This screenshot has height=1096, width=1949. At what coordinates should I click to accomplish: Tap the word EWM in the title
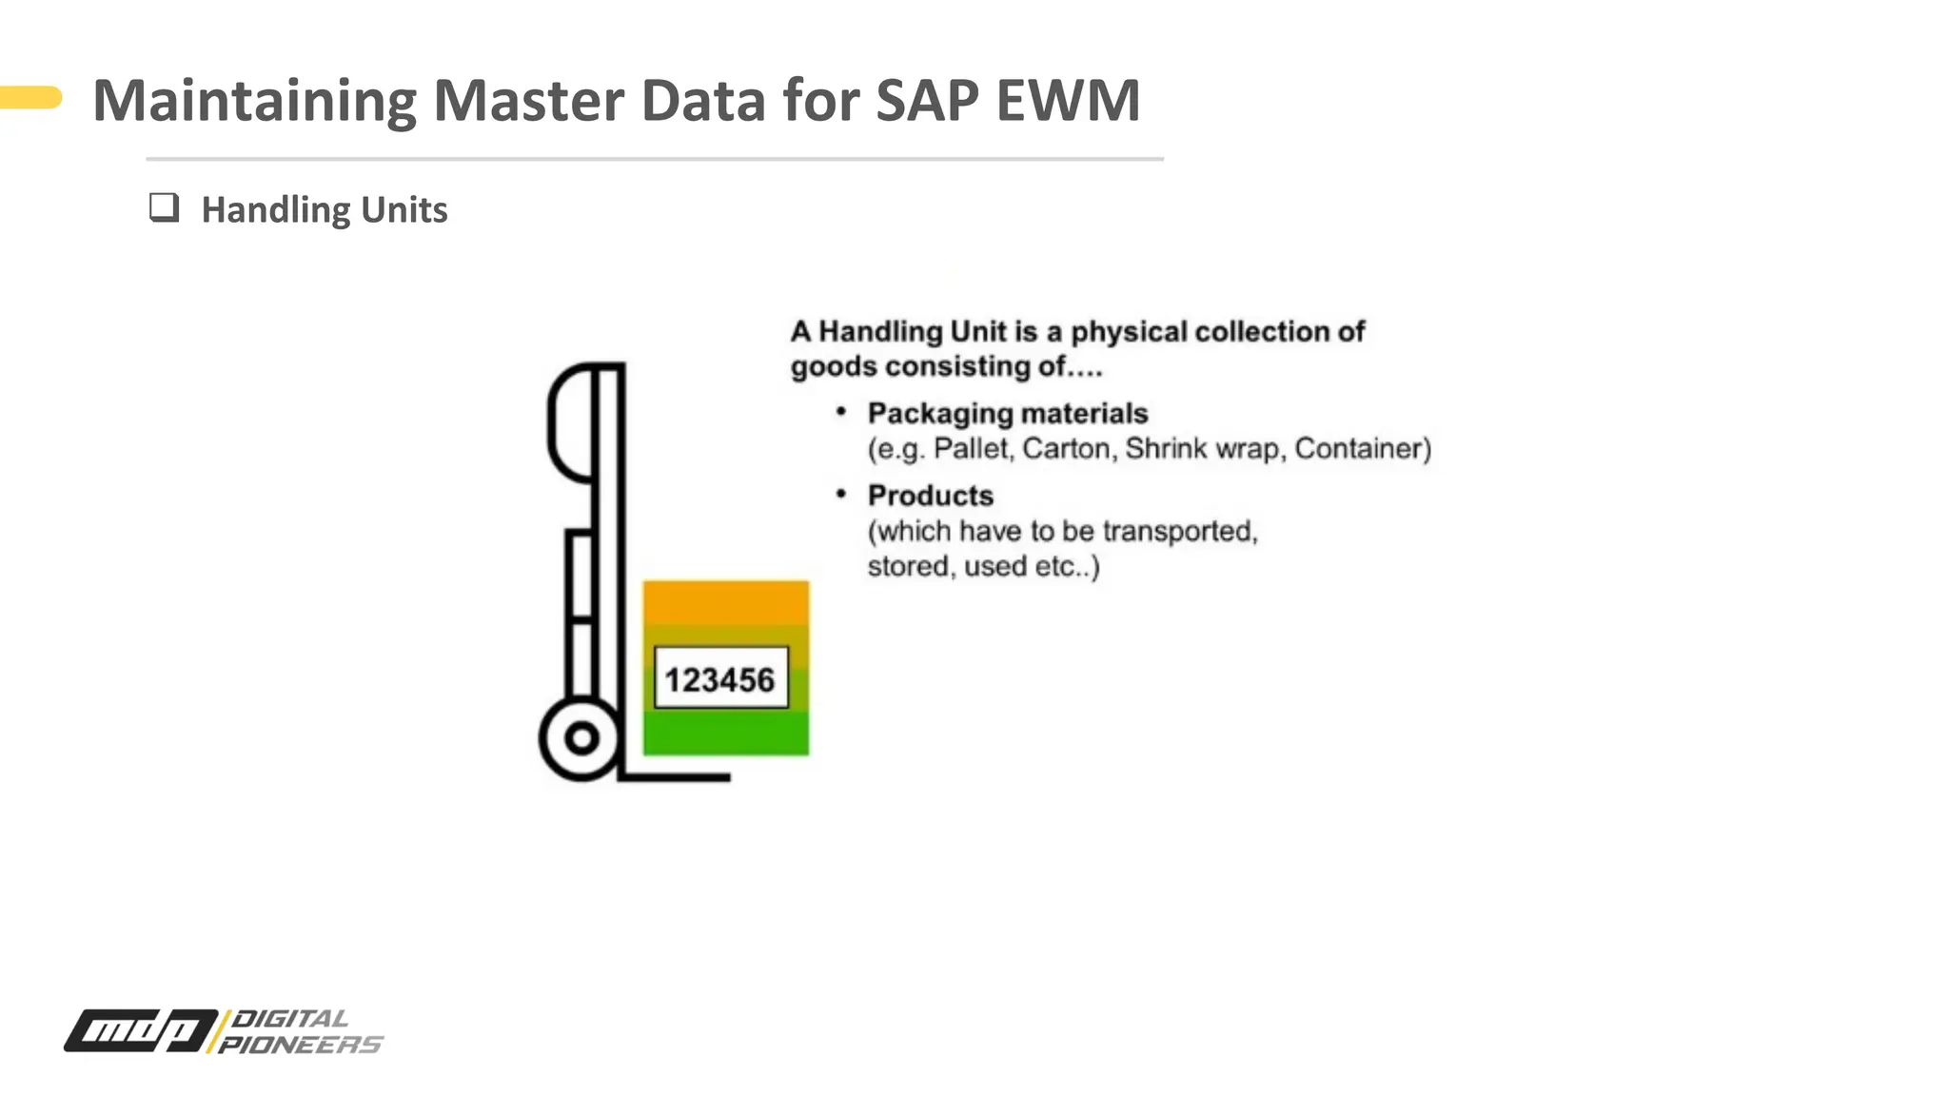pos(1068,101)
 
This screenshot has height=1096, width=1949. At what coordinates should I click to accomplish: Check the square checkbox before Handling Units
pos(164,207)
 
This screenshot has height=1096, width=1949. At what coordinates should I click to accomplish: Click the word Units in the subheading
pos(404,210)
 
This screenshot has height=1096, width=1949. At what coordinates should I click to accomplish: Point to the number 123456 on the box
pos(720,679)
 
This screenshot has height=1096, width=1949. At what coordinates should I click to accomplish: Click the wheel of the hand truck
pos(581,738)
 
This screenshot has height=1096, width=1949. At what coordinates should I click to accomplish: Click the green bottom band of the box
pos(726,734)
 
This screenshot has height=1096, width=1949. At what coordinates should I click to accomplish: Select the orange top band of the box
pos(726,602)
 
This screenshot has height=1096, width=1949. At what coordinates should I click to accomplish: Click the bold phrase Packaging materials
pos(1007,414)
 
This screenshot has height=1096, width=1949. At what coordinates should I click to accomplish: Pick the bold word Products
pos(930,496)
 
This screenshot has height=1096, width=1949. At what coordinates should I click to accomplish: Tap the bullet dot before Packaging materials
pos(840,411)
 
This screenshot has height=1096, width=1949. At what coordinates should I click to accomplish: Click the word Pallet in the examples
pos(971,448)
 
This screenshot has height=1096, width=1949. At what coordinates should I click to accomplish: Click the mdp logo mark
pos(141,1030)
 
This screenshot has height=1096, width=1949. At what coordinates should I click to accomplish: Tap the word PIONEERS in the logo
pos(300,1045)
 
